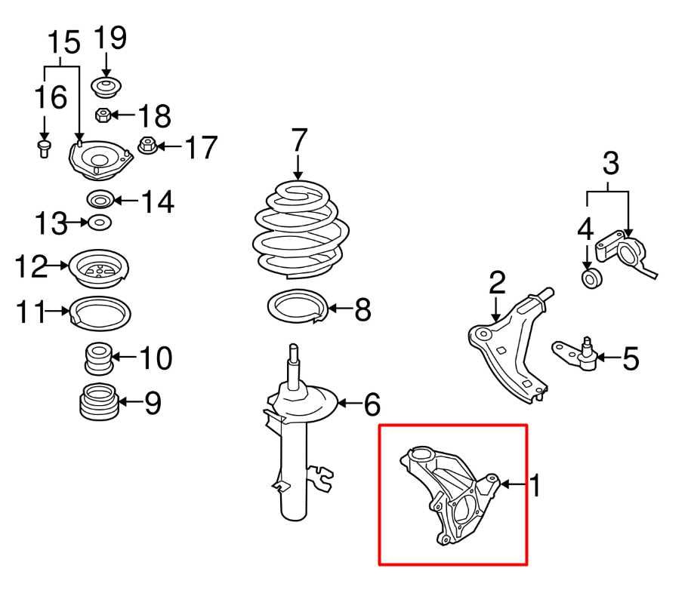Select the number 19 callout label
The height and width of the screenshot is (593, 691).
[x=110, y=38]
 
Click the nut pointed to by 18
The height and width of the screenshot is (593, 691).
[x=103, y=116]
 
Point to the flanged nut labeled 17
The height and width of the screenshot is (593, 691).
[x=148, y=146]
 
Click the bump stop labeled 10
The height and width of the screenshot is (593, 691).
[x=97, y=358]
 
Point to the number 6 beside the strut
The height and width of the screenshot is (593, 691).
[x=372, y=405]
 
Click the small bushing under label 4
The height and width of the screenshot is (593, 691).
[x=591, y=278]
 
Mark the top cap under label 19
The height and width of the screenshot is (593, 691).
[x=106, y=87]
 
